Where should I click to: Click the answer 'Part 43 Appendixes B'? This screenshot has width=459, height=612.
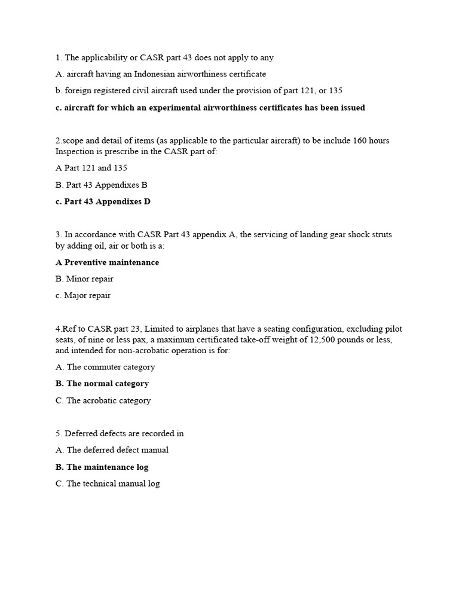click(102, 185)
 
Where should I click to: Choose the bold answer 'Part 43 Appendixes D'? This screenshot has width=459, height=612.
click(103, 201)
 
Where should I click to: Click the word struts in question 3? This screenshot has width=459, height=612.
click(380, 234)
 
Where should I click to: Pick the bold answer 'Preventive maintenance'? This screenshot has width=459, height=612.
click(108, 262)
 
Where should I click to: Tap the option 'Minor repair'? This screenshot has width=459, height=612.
click(84, 279)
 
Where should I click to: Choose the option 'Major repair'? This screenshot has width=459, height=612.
click(83, 295)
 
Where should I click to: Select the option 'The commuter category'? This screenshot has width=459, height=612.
click(105, 367)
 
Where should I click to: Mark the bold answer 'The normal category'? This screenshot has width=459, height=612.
click(102, 384)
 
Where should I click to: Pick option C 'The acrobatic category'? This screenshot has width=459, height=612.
click(103, 400)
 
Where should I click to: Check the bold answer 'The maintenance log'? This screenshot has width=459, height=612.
click(102, 467)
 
